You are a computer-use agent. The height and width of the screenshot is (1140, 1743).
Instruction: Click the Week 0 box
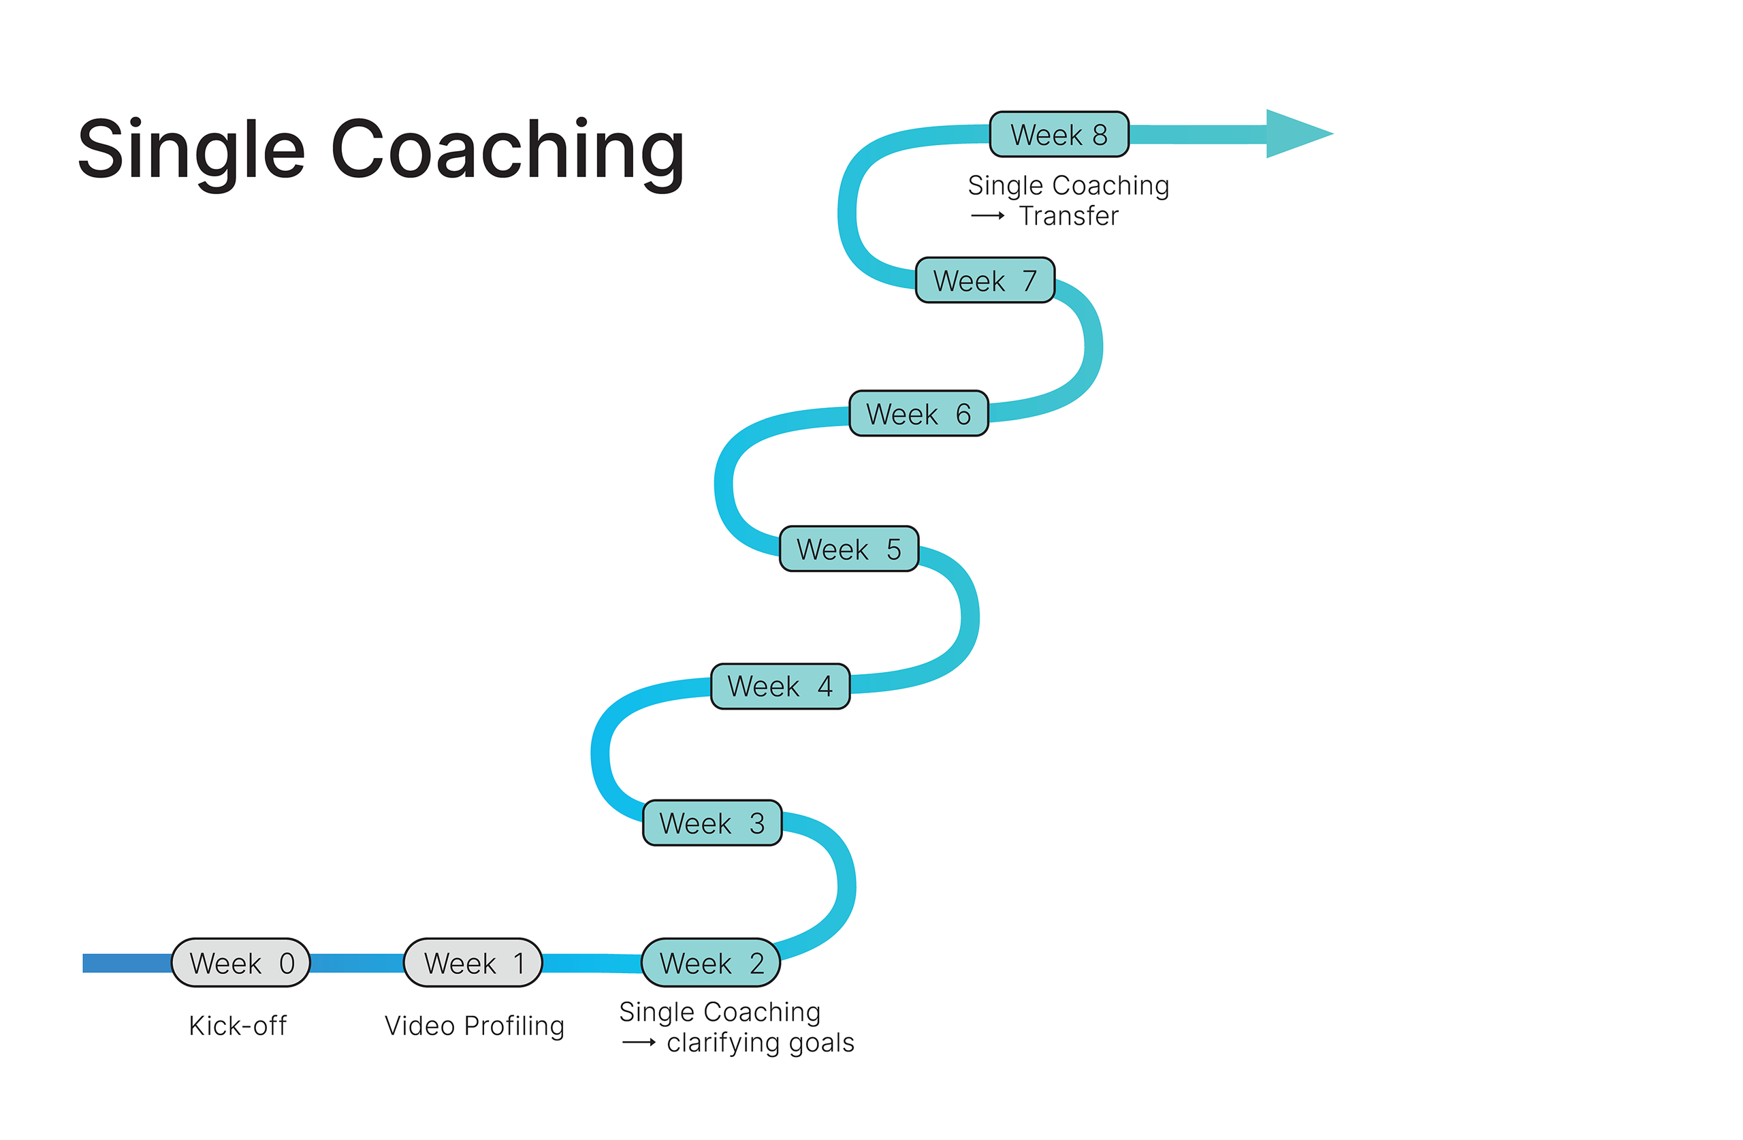(x=241, y=963)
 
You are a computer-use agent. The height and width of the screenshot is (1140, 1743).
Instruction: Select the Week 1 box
(x=473, y=963)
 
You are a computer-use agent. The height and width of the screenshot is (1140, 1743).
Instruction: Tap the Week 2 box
(x=710, y=963)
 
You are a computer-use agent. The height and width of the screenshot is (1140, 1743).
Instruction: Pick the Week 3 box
(x=712, y=823)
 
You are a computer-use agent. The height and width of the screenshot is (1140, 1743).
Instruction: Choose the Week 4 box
(x=780, y=686)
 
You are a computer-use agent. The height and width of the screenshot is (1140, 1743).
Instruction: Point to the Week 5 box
(x=849, y=549)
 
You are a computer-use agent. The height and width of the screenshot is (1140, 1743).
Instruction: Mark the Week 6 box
(x=918, y=413)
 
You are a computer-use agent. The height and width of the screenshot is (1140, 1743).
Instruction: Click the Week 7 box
(x=985, y=280)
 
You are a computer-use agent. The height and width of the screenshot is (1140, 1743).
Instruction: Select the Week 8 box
(x=1059, y=134)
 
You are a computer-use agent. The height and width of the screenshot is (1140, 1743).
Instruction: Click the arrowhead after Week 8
(x=1296, y=134)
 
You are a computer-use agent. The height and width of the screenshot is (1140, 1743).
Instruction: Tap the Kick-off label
(x=238, y=1026)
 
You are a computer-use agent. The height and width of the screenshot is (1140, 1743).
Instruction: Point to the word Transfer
(x=1069, y=216)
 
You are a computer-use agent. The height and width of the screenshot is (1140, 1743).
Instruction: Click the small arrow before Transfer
(x=988, y=216)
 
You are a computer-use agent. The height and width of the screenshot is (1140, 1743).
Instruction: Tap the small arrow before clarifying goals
(x=639, y=1043)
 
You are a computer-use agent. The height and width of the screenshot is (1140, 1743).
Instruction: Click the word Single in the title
(x=191, y=151)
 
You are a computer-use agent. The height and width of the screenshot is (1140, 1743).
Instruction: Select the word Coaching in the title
(x=507, y=151)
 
